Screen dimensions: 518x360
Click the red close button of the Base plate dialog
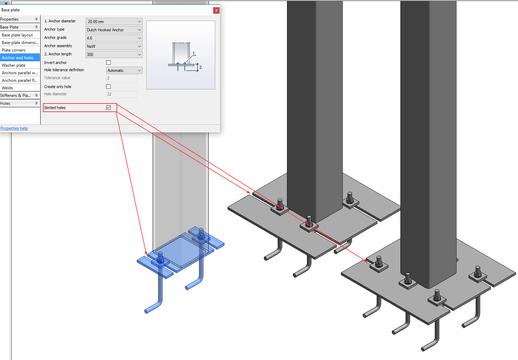tap(216, 10)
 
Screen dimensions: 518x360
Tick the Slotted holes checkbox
tap(109, 107)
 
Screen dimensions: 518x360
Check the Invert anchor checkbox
tap(109, 63)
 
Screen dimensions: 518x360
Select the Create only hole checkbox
tap(109, 87)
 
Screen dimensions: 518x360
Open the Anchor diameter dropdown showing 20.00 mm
tap(114, 22)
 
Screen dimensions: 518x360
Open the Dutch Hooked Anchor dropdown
tap(114, 30)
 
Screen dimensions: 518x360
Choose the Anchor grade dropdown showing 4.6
tap(114, 38)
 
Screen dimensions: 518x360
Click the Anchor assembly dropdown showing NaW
tap(114, 46)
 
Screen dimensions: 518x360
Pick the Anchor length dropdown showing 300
tap(114, 55)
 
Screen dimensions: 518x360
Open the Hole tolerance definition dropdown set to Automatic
tap(124, 70)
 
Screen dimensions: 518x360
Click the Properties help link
tap(14, 128)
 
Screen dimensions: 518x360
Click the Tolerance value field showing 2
tap(122, 78)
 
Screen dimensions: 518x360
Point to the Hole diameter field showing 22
tap(122, 94)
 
